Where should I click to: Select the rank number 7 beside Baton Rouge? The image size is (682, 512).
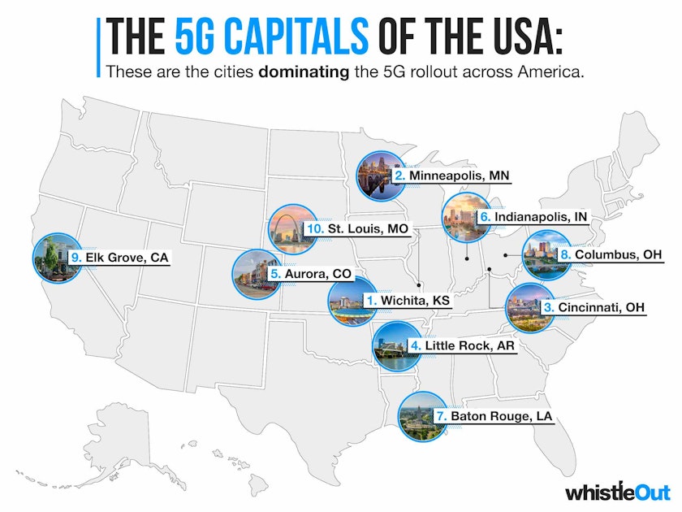[441, 416]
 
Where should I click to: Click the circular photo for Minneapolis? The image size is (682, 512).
[382, 175]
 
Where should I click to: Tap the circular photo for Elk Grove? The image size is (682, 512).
[57, 258]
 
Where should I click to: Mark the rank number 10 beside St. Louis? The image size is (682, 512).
[316, 229]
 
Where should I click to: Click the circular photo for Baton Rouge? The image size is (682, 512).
[422, 416]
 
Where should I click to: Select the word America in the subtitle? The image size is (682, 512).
[549, 71]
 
